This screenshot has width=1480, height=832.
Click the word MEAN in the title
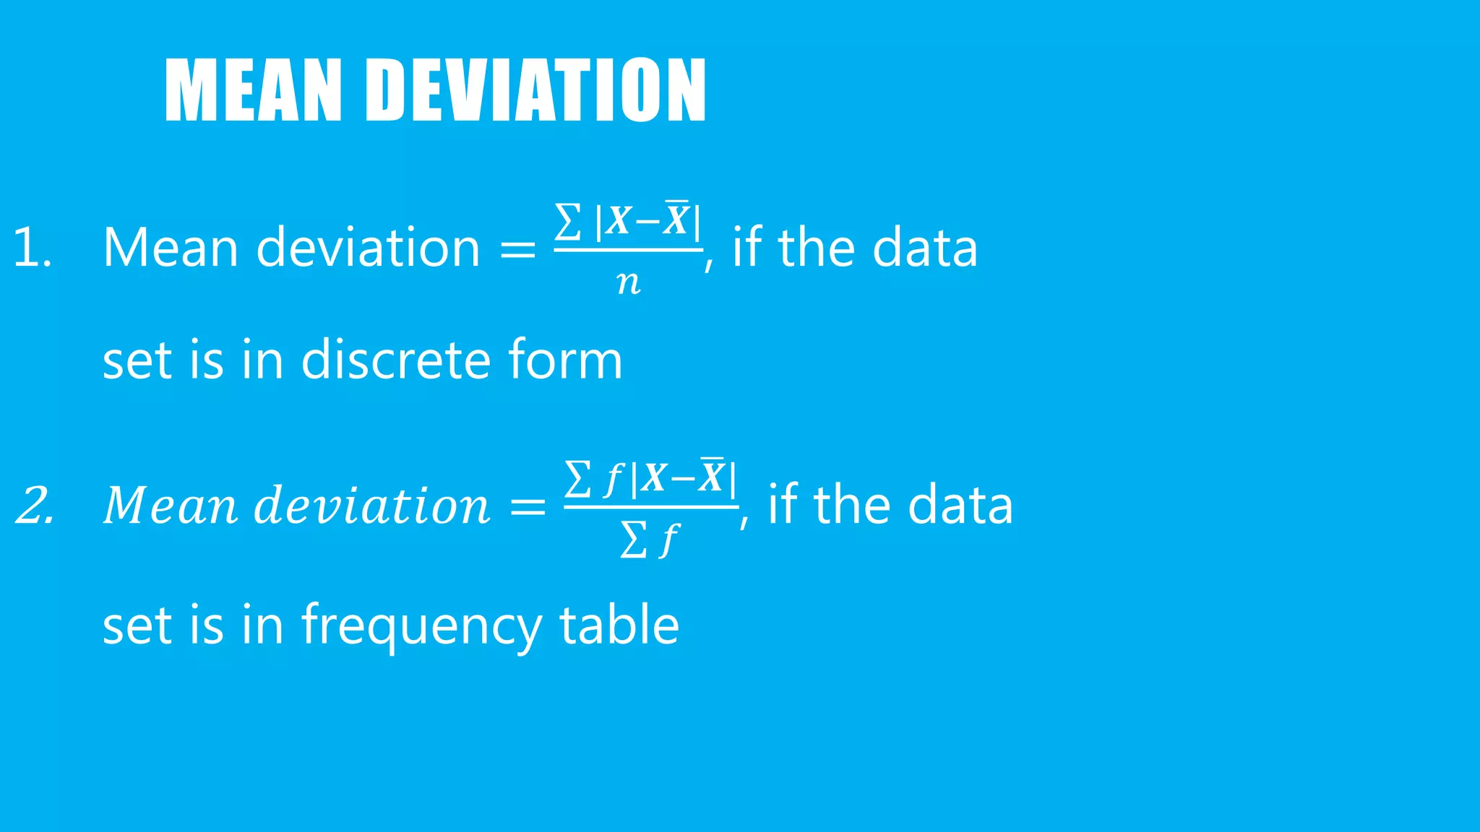(x=253, y=90)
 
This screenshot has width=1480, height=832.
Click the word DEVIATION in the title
(x=537, y=90)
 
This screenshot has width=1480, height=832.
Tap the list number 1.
(x=32, y=248)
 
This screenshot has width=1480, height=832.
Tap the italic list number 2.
(x=35, y=505)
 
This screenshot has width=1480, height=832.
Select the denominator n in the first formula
(x=629, y=283)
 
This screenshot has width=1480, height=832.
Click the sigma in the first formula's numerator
(x=568, y=222)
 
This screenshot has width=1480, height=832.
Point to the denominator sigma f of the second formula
(x=649, y=539)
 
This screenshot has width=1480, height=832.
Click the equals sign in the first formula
(x=518, y=249)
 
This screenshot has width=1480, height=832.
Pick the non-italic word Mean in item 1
(x=171, y=248)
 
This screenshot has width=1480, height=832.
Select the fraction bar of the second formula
(x=650, y=508)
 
